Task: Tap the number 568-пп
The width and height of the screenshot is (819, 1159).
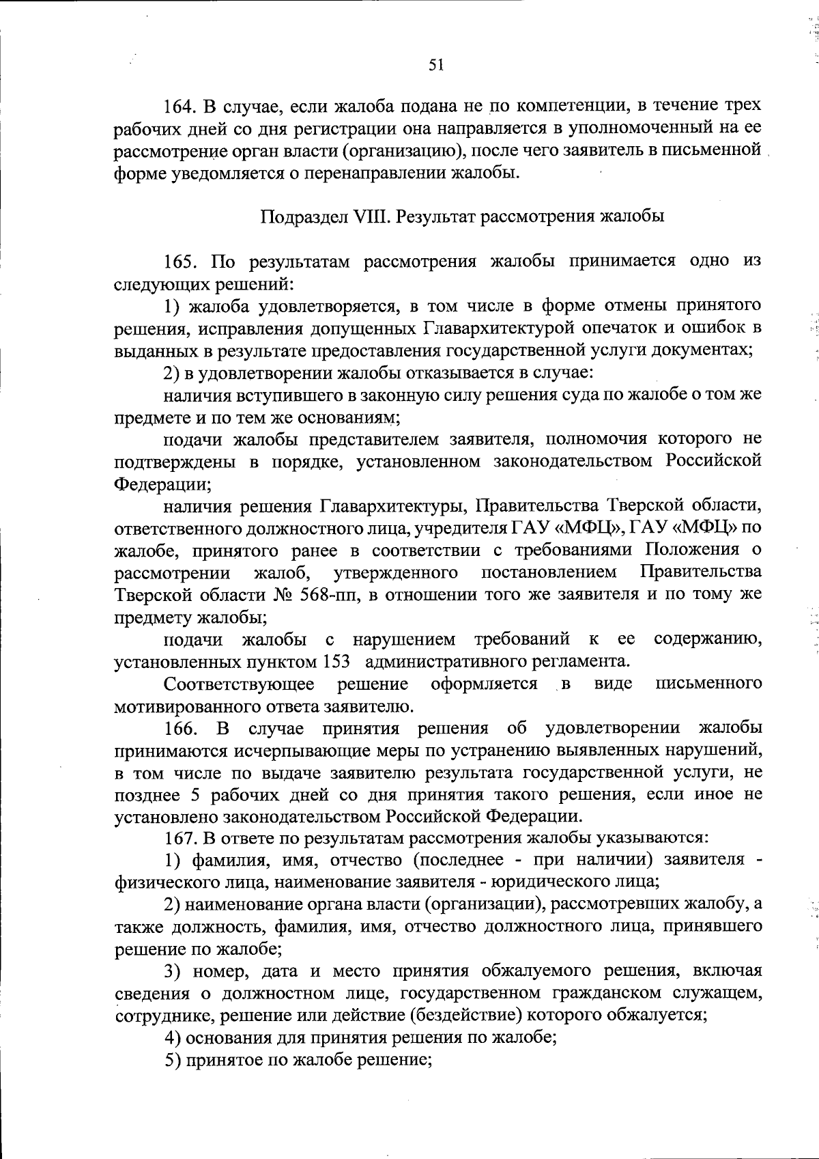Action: (331, 595)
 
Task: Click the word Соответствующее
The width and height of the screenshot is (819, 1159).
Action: (240, 684)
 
